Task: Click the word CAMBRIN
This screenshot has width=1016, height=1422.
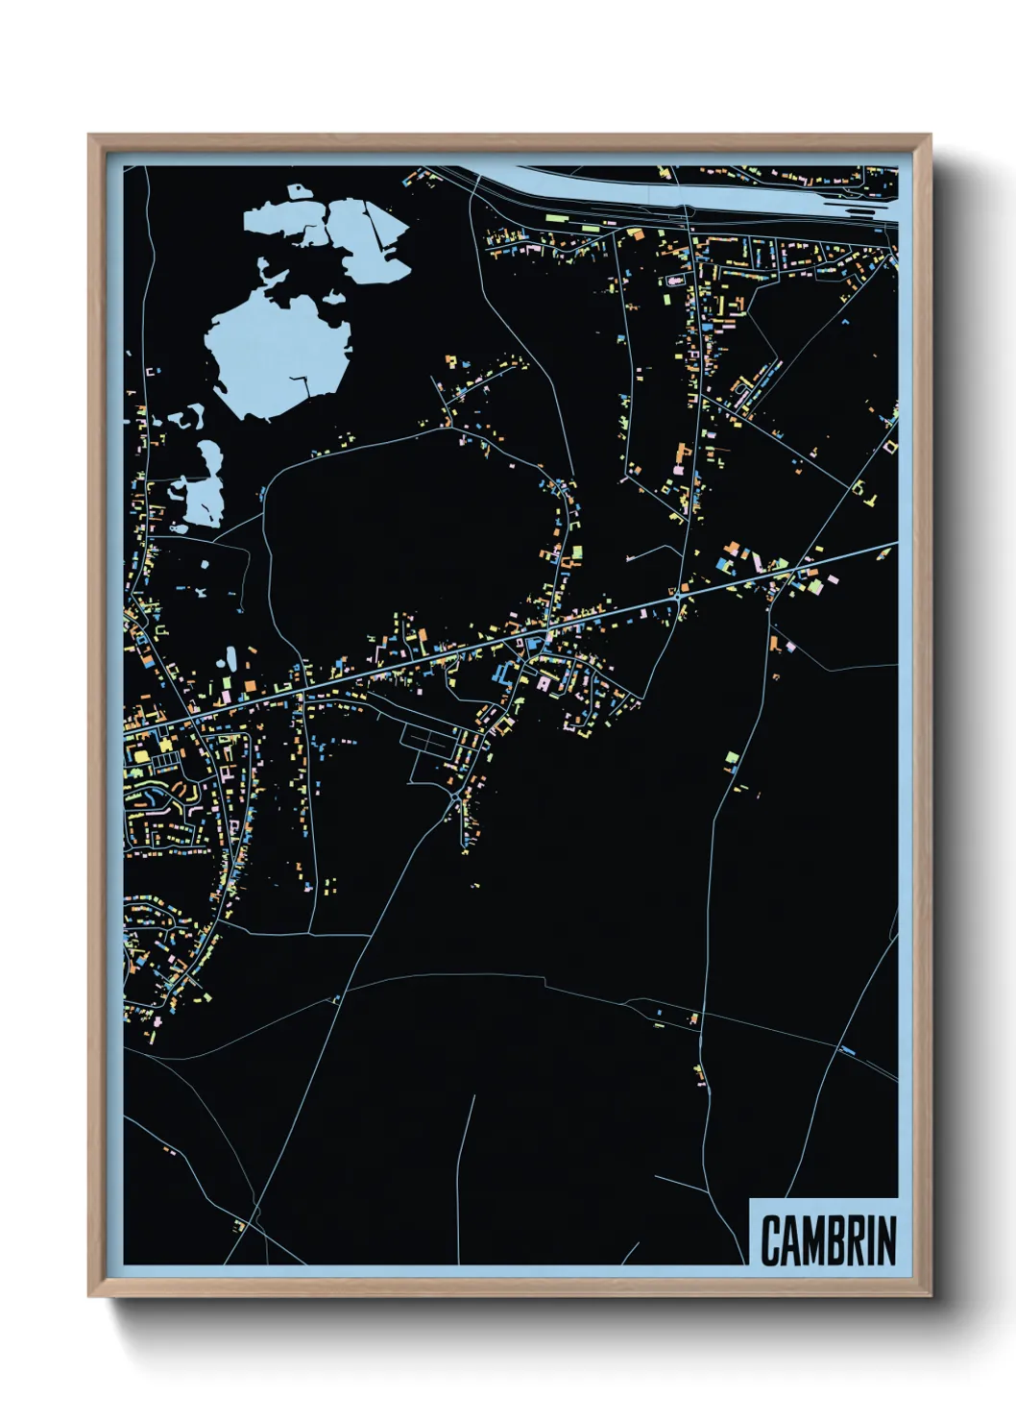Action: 828,1239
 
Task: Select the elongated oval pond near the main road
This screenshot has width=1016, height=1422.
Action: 231,659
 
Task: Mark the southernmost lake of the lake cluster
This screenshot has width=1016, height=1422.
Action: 205,500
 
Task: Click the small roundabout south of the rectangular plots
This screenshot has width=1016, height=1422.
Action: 453,797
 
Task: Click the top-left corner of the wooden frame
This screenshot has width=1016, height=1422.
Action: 89,135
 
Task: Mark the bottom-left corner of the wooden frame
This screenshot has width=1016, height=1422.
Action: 89,1296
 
